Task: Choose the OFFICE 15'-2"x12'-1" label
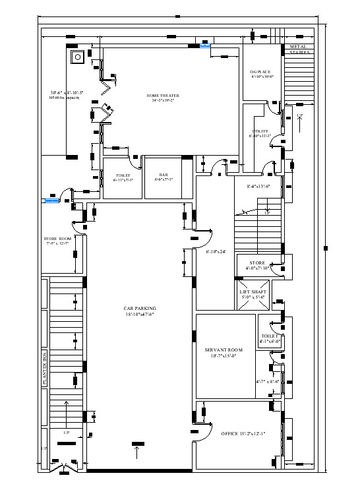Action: (x=243, y=433)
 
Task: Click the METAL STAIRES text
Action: (x=299, y=49)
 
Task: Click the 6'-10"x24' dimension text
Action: (x=216, y=251)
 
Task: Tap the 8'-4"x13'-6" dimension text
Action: (x=259, y=187)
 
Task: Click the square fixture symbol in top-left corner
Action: (x=76, y=57)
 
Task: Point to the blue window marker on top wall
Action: (x=206, y=46)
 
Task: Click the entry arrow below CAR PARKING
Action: (x=137, y=452)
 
